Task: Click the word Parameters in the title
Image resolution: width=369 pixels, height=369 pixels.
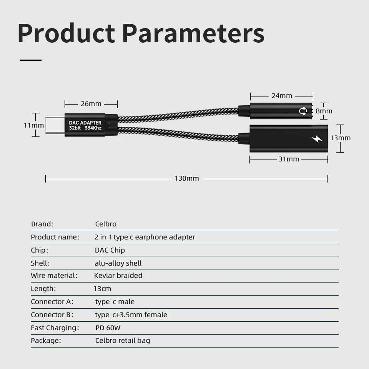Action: pos(193,33)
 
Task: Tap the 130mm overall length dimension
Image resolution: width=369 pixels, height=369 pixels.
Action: pos(187,178)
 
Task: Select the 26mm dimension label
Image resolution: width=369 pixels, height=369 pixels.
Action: pos(91,104)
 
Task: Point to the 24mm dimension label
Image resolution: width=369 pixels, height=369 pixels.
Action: pos(282,96)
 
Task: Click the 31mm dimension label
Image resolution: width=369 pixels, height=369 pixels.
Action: pos(289,159)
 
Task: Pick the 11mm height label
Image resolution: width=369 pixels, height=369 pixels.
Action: pos(33,125)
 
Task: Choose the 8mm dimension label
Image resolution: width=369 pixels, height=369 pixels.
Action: pos(324,111)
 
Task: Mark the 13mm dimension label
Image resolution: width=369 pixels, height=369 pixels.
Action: pos(341,138)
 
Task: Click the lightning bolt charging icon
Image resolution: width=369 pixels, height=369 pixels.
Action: pos(317,139)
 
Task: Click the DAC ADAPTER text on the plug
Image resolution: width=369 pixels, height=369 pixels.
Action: pos(85,123)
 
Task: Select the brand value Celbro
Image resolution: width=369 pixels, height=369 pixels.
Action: pos(106,224)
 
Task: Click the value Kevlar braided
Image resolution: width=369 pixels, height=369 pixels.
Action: pos(118,276)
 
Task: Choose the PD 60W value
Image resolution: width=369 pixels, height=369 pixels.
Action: pos(108,328)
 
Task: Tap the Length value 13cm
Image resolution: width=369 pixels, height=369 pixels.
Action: pos(102,289)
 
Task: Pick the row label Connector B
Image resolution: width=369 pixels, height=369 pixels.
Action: pos(52,315)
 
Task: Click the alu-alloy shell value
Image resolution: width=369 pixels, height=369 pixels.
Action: pos(118,263)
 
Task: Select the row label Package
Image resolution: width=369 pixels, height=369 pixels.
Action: pos(46,341)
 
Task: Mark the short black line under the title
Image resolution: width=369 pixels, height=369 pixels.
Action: pos(31,60)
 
